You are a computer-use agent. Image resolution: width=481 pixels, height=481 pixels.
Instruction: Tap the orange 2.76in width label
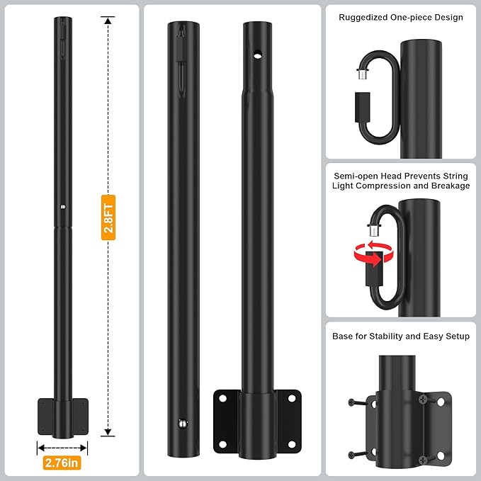[62, 463]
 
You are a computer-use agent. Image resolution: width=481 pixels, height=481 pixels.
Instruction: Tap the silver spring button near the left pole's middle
[62, 207]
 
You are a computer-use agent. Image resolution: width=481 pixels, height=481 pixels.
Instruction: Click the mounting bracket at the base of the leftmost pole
[62, 417]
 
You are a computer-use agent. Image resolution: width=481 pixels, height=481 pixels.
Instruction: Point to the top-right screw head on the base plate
[424, 400]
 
